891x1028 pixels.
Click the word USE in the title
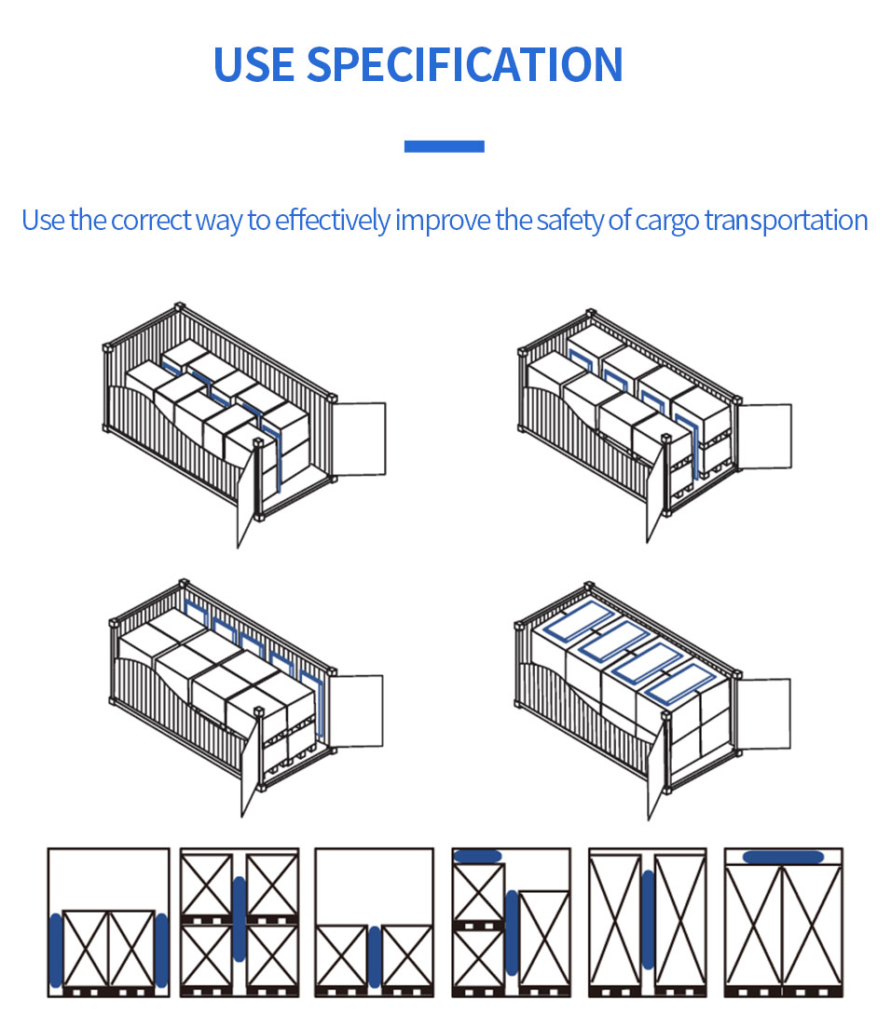point(254,65)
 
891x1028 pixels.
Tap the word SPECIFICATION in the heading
point(464,65)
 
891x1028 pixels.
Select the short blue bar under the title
point(445,146)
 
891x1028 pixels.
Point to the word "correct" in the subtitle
point(152,221)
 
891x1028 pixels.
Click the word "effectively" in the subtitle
point(333,221)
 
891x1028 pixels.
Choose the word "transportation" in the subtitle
point(786,221)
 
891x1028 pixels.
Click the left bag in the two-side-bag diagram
point(57,951)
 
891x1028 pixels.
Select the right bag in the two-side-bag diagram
point(161,951)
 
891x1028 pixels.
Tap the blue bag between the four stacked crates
point(240,919)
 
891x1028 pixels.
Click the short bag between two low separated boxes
point(375,956)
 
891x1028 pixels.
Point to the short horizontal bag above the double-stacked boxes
point(477,856)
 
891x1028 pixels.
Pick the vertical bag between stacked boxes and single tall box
point(512,932)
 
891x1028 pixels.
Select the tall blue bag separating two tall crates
point(649,919)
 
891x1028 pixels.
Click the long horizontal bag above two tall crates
point(784,857)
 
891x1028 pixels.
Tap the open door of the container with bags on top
point(764,713)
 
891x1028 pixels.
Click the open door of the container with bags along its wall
point(356,710)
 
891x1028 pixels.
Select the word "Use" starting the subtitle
point(43,221)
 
